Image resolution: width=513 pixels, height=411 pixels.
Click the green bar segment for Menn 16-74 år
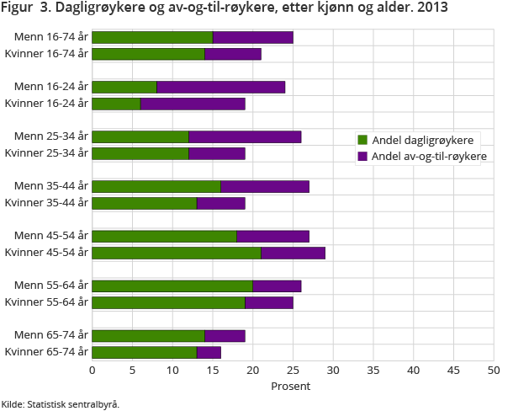point(152,38)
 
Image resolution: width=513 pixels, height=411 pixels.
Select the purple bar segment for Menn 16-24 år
point(221,87)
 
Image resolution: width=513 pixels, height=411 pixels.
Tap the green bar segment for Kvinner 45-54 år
point(177,253)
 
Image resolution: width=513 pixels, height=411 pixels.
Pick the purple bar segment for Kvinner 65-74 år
point(209,352)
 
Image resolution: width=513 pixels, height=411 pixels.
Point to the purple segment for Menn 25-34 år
point(245,136)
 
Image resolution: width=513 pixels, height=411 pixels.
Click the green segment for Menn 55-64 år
point(172,286)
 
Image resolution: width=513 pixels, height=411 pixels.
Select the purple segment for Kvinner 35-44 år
point(220,203)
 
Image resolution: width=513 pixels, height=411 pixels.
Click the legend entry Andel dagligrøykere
point(421,140)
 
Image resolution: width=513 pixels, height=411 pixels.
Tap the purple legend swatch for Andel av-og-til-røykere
point(362,156)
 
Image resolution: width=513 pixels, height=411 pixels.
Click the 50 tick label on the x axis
point(494,370)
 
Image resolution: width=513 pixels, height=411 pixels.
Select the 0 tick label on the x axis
point(92,370)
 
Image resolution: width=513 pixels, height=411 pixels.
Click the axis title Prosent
point(290,387)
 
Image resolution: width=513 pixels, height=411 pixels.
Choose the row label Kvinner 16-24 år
point(46,104)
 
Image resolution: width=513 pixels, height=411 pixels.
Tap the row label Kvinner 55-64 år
point(46,302)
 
